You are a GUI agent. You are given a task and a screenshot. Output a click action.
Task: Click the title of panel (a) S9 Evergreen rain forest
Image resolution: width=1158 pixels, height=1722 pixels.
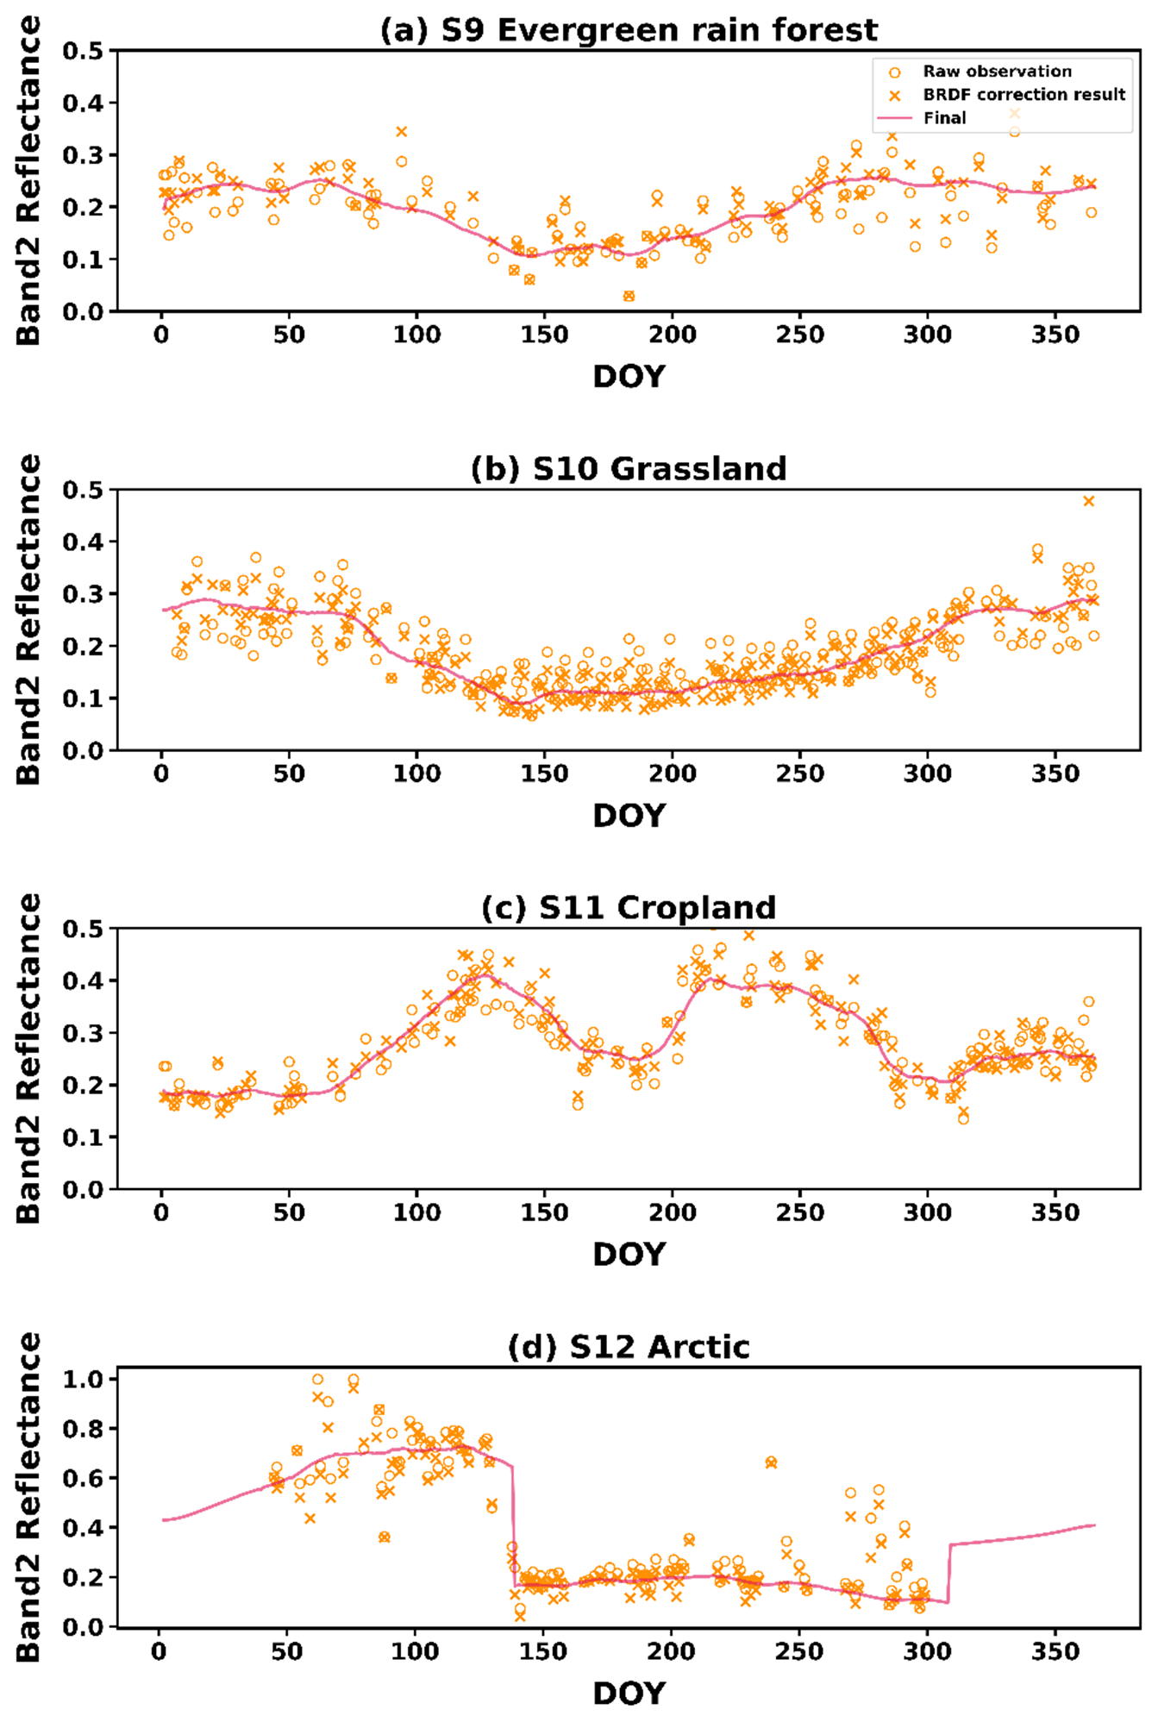click(x=629, y=30)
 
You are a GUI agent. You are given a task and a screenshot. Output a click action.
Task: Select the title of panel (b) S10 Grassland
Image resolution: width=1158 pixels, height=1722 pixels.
click(x=629, y=469)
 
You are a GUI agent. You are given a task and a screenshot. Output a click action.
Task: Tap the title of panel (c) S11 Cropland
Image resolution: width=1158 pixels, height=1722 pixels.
click(x=629, y=908)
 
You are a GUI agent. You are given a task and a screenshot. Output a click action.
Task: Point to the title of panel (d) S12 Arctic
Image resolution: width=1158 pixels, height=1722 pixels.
click(x=629, y=1347)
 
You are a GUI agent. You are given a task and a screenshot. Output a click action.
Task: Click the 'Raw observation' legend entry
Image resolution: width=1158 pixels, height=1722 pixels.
click(x=997, y=72)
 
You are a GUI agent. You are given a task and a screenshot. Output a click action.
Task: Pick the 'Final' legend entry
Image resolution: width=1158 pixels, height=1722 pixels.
click(x=944, y=118)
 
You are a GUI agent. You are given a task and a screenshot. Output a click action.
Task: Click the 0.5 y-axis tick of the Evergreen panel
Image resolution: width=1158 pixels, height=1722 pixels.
click(x=83, y=51)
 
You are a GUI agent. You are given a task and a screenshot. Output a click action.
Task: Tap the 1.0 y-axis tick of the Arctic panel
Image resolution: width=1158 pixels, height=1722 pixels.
click(x=83, y=1379)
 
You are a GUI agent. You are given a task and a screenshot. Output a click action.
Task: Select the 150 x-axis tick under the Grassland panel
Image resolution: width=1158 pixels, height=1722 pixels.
click(x=544, y=773)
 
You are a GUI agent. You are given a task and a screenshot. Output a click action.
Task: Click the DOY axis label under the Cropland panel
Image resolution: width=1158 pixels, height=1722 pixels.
click(x=629, y=1255)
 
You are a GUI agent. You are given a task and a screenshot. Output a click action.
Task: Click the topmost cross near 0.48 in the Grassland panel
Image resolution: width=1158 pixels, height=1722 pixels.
click(x=1088, y=501)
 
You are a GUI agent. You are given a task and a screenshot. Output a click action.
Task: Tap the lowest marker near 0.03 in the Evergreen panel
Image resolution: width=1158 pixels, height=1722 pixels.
click(x=629, y=296)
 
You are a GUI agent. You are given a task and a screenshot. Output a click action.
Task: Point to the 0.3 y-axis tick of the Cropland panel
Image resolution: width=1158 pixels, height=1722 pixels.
click(x=83, y=1033)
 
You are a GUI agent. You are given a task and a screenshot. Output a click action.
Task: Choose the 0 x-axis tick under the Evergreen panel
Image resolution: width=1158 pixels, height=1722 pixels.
click(x=161, y=335)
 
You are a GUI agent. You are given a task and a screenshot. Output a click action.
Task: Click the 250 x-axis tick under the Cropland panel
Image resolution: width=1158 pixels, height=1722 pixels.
click(x=799, y=1212)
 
